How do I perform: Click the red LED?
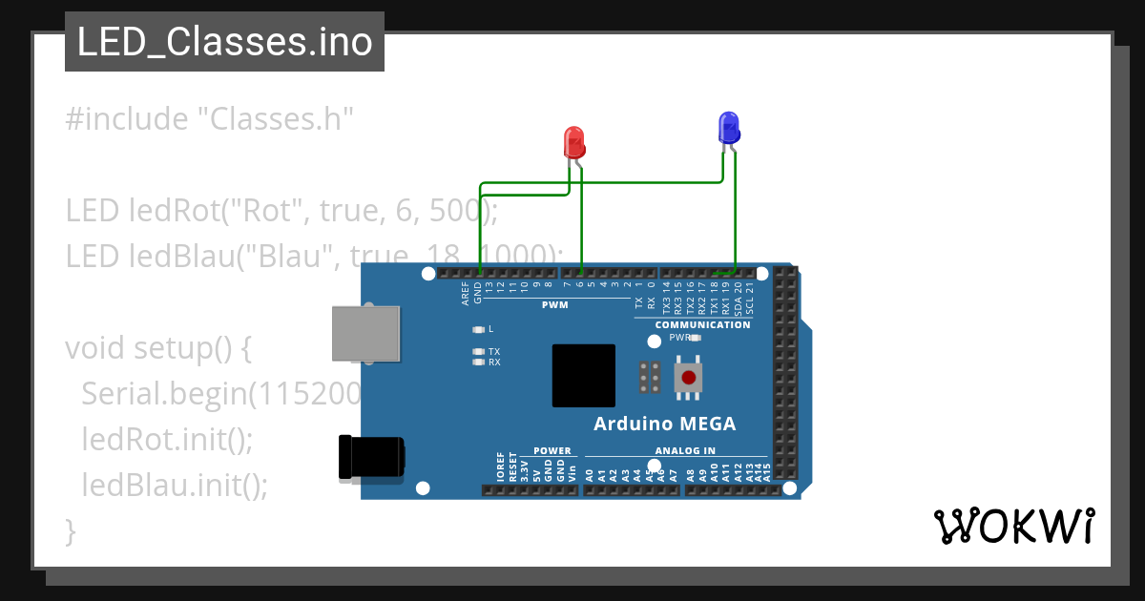pos(573,143)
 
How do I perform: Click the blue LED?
pos(728,127)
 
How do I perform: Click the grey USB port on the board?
pos(364,333)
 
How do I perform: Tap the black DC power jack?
pos(371,456)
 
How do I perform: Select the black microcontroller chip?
pos(583,376)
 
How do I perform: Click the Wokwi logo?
pos(1014,526)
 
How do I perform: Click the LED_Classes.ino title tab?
pos(224,42)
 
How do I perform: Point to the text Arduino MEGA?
pos(664,424)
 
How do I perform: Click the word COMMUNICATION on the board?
pos(702,324)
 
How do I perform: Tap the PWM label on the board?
pos(554,305)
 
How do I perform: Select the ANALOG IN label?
pos(685,451)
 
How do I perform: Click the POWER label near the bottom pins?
pos(552,451)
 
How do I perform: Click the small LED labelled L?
pos(479,329)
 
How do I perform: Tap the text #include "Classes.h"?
pos(210,119)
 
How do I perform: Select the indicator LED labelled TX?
pos(479,352)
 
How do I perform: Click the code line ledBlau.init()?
pos(175,485)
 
